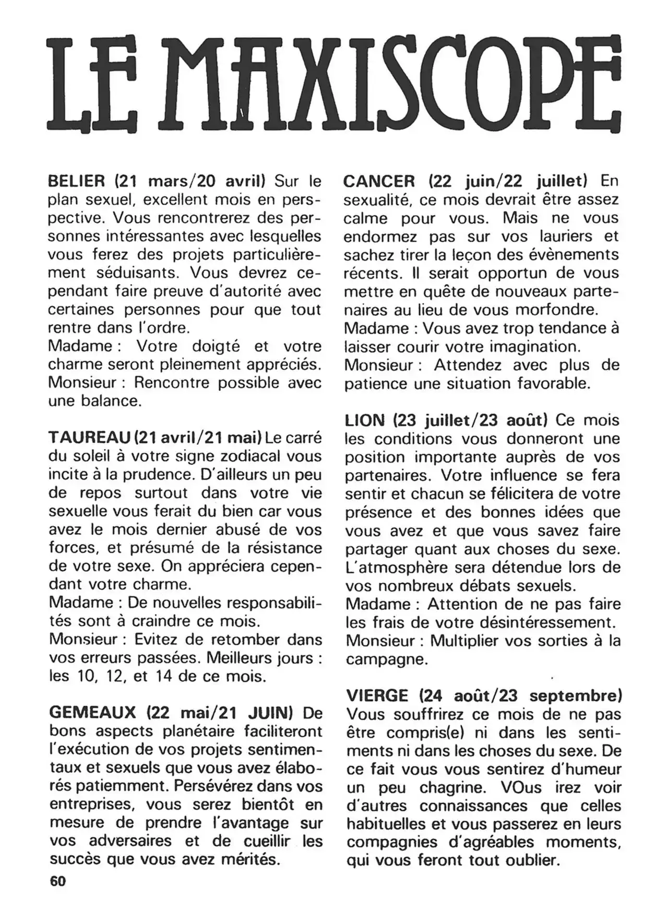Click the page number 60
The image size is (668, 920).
57,881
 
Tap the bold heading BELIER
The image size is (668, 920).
76,181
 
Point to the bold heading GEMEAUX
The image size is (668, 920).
92,712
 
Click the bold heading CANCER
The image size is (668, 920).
379,181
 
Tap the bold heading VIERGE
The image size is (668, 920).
377,695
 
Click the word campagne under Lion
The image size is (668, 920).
386,659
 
